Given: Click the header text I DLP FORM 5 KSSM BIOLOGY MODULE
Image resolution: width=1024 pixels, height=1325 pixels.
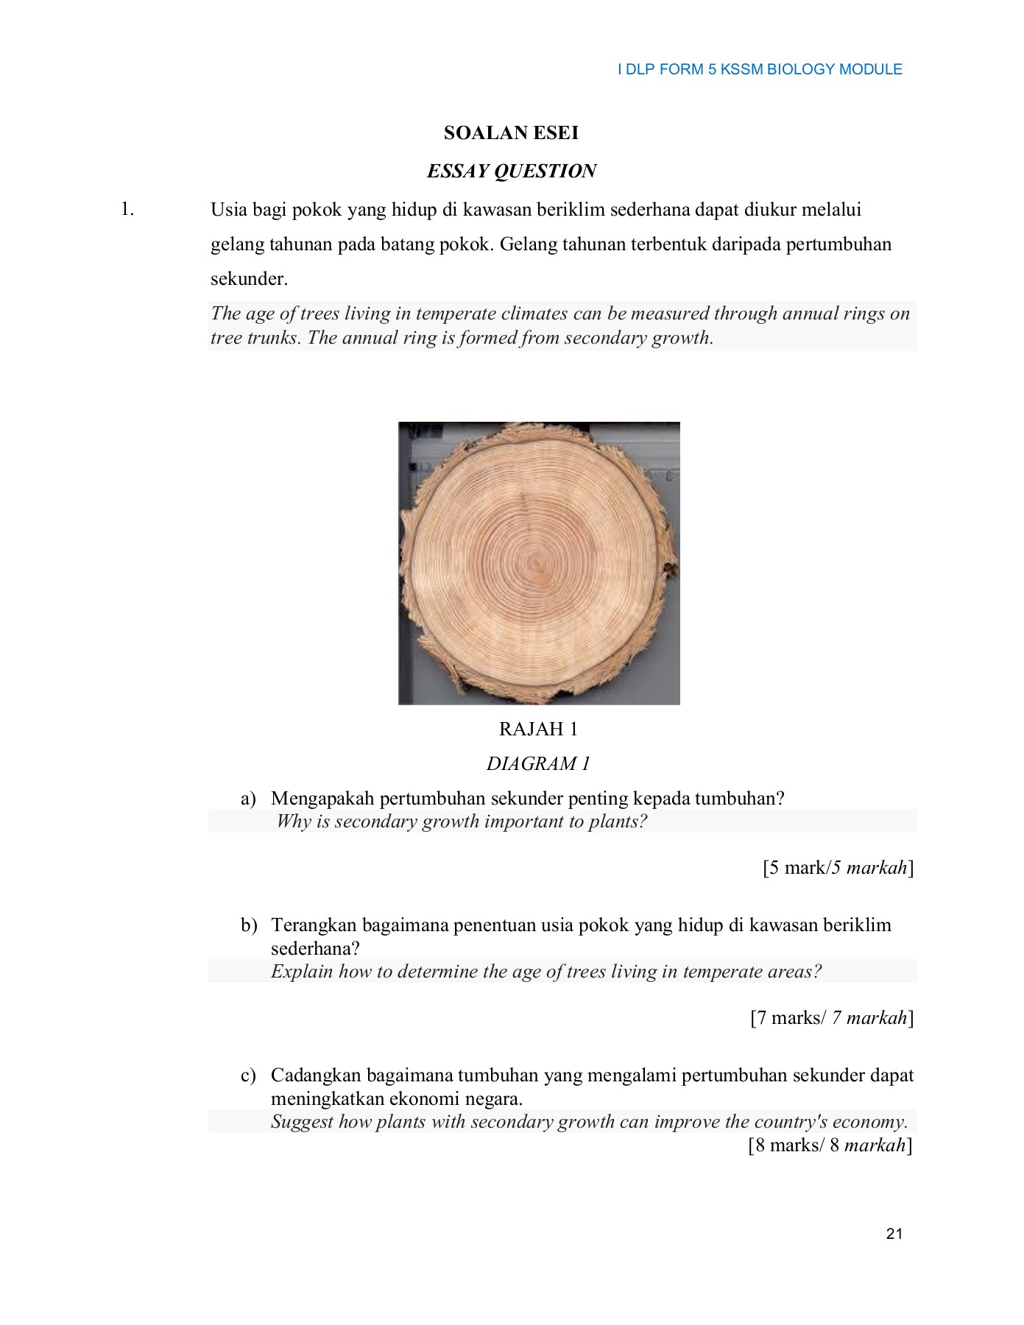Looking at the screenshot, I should click(760, 69).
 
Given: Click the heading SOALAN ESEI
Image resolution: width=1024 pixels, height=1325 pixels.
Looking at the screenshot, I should click(511, 133).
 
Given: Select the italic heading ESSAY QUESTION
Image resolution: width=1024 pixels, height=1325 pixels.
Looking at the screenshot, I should click(511, 172).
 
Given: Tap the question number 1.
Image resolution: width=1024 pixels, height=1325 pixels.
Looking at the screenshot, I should click(127, 210).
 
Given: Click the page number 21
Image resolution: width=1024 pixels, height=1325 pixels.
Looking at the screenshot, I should click(894, 1234).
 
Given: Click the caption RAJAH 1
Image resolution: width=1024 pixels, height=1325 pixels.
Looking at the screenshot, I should click(538, 729).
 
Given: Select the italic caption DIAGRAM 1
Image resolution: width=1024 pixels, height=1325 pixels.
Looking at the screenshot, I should click(538, 763).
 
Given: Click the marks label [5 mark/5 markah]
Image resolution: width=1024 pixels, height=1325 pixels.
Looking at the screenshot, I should click(838, 868).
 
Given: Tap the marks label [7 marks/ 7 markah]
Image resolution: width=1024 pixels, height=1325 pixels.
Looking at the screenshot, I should click(832, 1018).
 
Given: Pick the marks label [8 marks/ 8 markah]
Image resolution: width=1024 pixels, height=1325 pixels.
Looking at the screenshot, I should click(830, 1145).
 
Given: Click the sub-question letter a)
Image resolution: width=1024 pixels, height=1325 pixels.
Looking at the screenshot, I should click(248, 799).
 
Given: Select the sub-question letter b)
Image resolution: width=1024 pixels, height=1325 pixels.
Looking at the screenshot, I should click(249, 925).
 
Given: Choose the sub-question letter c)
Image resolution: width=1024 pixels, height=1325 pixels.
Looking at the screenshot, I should click(248, 1075).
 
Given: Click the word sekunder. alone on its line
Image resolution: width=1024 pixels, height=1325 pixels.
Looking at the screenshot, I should click(249, 279).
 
